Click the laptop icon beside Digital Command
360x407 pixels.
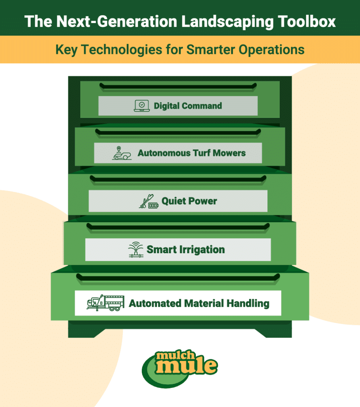141,106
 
